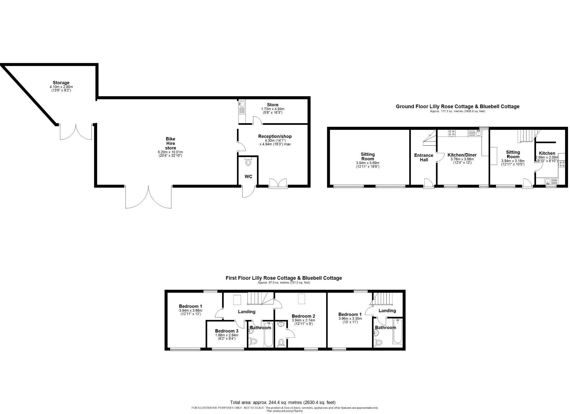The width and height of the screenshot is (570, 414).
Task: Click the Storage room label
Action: coord(61,83)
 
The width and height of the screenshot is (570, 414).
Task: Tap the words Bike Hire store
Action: coord(170,143)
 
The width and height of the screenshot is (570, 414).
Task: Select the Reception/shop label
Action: coord(275,136)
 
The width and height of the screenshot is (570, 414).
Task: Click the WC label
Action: coord(248,177)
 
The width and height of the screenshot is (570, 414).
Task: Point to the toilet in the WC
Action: coord(248,162)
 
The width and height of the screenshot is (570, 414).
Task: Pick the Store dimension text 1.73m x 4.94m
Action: coord(273,109)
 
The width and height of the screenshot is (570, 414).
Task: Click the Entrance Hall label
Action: coord(424,158)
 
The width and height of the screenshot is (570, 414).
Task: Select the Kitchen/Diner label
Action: coord(462,155)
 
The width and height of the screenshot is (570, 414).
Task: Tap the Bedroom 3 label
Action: coord(227,331)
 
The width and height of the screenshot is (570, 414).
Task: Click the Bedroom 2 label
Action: coord(303,316)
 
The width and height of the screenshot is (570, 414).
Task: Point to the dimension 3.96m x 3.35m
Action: coord(350,319)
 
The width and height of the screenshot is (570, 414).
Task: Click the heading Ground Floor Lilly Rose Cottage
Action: coord(458,106)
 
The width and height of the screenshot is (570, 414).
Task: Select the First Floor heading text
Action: coord(284,278)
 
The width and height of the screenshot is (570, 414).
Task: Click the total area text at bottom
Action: coord(283,402)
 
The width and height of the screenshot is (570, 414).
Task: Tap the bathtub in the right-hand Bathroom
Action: coord(398,332)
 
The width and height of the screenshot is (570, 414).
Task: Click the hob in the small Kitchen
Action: coord(561,164)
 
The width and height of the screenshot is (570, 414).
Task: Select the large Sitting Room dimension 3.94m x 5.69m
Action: coord(368,163)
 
